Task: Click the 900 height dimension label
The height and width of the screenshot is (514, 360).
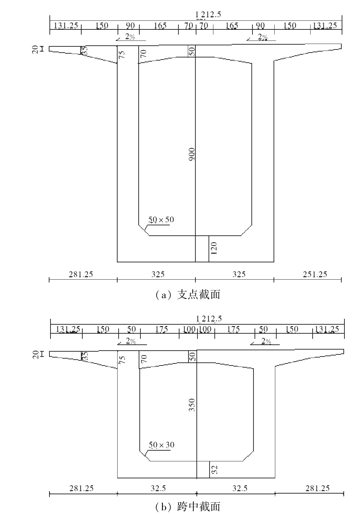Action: coord(192,154)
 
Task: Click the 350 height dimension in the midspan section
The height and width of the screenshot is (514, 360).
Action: coord(192,405)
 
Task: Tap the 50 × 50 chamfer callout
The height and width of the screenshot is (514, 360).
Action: coord(161,219)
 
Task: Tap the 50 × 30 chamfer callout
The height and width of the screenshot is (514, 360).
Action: coord(161,444)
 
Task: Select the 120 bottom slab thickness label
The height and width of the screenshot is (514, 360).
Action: coord(214,249)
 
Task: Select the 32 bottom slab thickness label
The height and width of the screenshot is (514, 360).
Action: coord(214,470)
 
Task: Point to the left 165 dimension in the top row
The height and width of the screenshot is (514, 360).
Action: coord(160,26)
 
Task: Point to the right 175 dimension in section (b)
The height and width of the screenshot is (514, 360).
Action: coord(233,329)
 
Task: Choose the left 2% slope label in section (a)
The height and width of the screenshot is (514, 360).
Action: coord(130,37)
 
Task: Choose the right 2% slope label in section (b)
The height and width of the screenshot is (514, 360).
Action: coord(266,341)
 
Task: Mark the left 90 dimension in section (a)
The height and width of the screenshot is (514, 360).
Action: coord(130,26)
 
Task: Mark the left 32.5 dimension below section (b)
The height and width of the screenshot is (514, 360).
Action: coord(158,488)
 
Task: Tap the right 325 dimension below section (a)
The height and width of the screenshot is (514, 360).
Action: coord(239,274)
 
